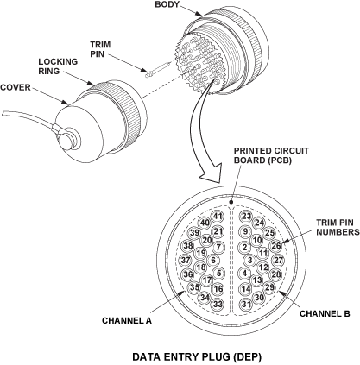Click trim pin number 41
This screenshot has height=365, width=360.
pyautogui.click(x=218, y=217)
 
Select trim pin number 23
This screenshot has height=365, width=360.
pyautogui.click(x=246, y=217)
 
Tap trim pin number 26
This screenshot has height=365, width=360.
pyautogui.click(x=276, y=246)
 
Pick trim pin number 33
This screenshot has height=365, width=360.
pyautogui.click(x=218, y=305)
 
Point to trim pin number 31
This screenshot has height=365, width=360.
pyautogui.click(x=246, y=305)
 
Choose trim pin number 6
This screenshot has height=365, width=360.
pyautogui.click(x=213, y=261)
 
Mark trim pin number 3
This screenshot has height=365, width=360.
pyautogui.click(x=250, y=261)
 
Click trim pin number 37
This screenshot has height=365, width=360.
pyautogui.click(x=186, y=261)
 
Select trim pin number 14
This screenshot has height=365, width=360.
pyautogui.click(x=246, y=289)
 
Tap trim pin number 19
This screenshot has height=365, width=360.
pyautogui.click(x=200, y=253)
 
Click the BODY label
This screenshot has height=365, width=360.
pyautogui.click(x=167, y=4)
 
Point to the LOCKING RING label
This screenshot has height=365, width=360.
pyautogui.click(x=58, y=66)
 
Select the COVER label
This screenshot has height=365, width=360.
pyautogui.click(x=16, y=87)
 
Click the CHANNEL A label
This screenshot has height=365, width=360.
pyautogui.click(x=127, y=320)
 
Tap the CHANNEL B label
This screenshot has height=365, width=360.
pyautogui.click(x=325, y=313)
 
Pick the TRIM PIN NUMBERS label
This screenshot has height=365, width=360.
pyautogui.click(x=338, y=227)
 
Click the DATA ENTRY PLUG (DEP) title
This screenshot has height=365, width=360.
pyautogui.click(x=197, y=357)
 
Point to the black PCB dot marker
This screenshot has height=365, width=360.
pyautogui.click(x=231, y=202)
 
